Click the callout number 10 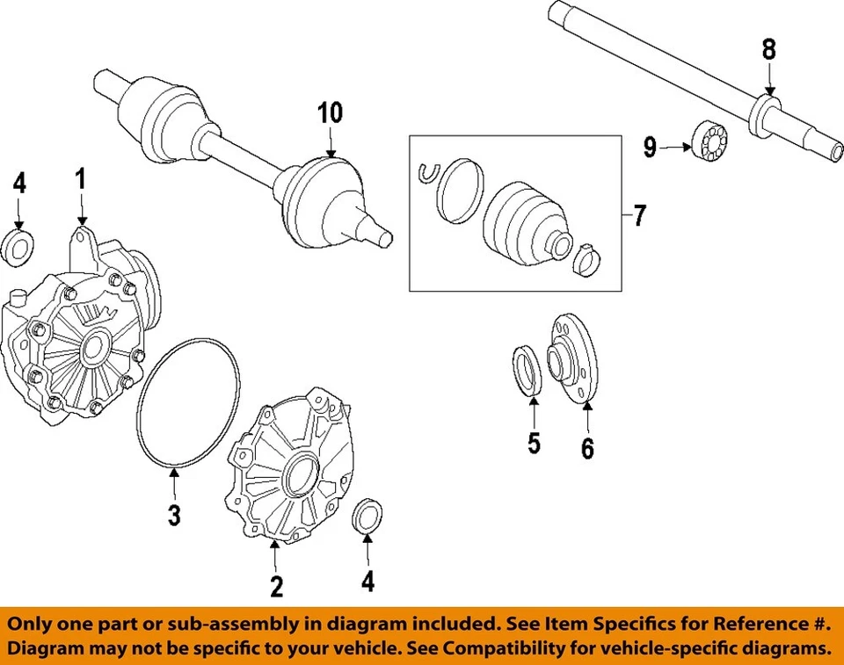(x=330, y=112)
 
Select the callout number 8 (x=769, y=50)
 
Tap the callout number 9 (x=650, y=147)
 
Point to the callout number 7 (x=639, y=215)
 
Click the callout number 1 (x=80, y=180)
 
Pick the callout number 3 (x=174, y=514)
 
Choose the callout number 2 (x=276, y=584)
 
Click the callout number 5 (x=534, y=443)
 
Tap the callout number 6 (x=586, y=448)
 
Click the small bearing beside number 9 (x=709, y=141)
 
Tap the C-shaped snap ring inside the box (x=427, y=174)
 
